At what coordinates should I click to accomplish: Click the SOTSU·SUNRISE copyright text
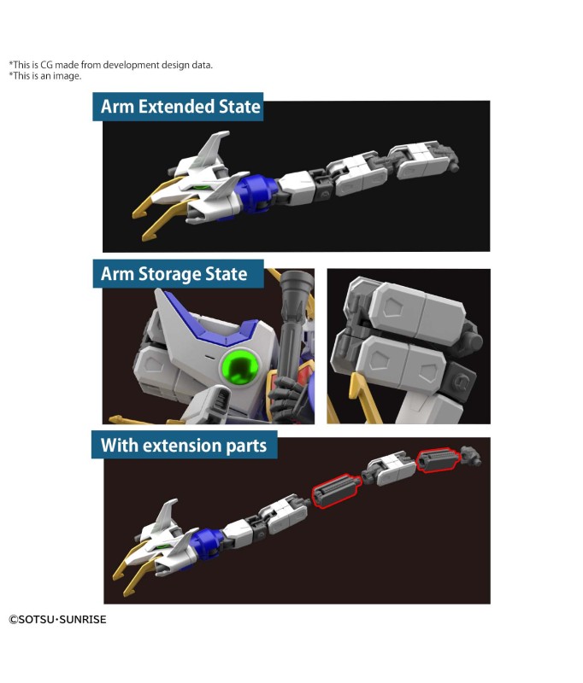[x=57, y=620]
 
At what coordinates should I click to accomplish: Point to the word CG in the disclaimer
[x=46, y=65]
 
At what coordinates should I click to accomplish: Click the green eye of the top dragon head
[x=201, y=187]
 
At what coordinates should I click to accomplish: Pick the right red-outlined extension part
[x=438, y=460]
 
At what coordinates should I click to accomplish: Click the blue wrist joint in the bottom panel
[x=206, y=541]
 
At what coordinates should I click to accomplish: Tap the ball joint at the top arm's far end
[x=455, y=166]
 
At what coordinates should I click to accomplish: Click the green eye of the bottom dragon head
[x=162, y=546]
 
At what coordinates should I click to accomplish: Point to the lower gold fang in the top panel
[x=168, y=220]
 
